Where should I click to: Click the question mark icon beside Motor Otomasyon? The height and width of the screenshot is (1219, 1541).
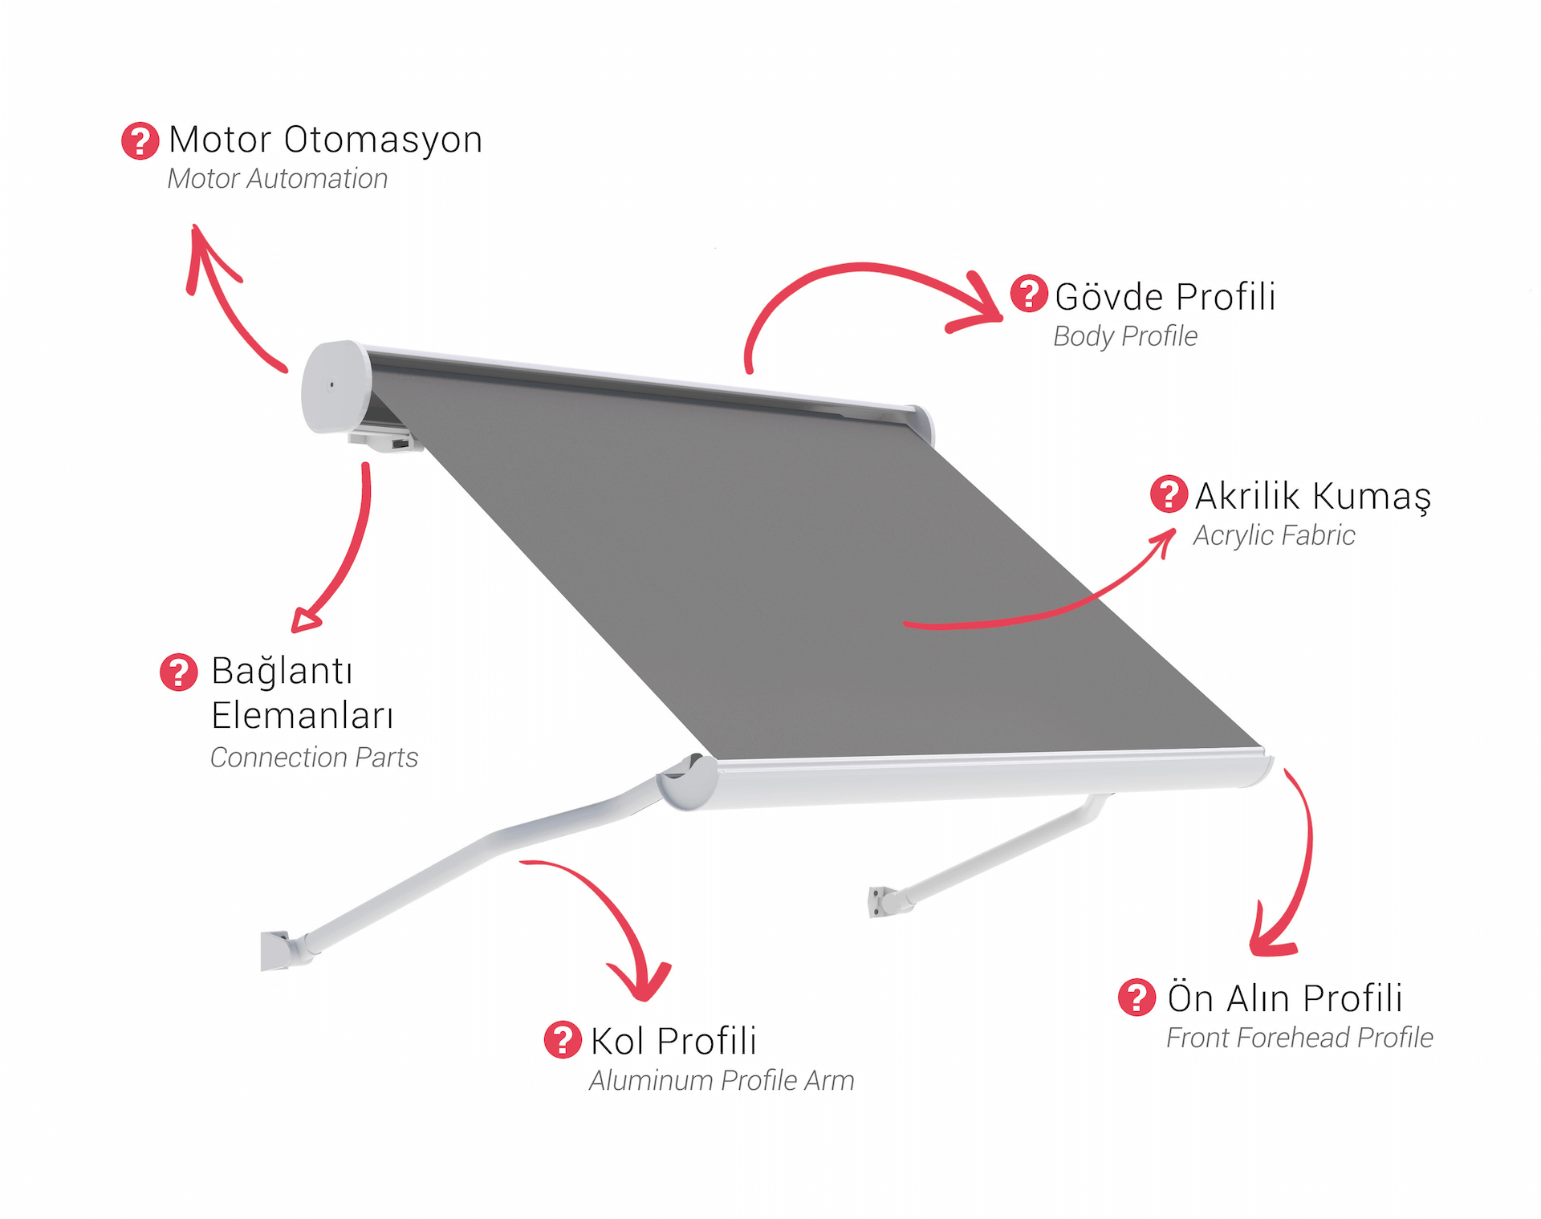140,140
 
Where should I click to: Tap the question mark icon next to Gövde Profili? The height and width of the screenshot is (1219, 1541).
1028,293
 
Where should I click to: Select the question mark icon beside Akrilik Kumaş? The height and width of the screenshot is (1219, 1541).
1169,494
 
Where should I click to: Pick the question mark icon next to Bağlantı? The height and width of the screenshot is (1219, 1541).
178,672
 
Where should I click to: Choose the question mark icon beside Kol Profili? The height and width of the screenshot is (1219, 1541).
563,1039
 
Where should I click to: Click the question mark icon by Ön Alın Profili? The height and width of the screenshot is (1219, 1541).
1136,997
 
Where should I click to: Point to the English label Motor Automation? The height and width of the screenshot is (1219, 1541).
278,179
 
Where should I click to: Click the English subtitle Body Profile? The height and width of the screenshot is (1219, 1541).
1125,336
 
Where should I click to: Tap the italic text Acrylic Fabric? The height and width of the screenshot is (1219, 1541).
1274,535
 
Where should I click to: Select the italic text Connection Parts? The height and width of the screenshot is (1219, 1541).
314,758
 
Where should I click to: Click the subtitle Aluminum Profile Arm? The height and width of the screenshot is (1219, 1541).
722,1081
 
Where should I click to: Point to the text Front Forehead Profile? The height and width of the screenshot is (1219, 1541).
1299,1038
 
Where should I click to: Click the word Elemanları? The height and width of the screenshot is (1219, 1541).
303,715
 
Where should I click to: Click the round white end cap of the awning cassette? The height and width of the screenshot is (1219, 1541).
335,387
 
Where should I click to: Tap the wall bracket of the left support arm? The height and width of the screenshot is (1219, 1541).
281,950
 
